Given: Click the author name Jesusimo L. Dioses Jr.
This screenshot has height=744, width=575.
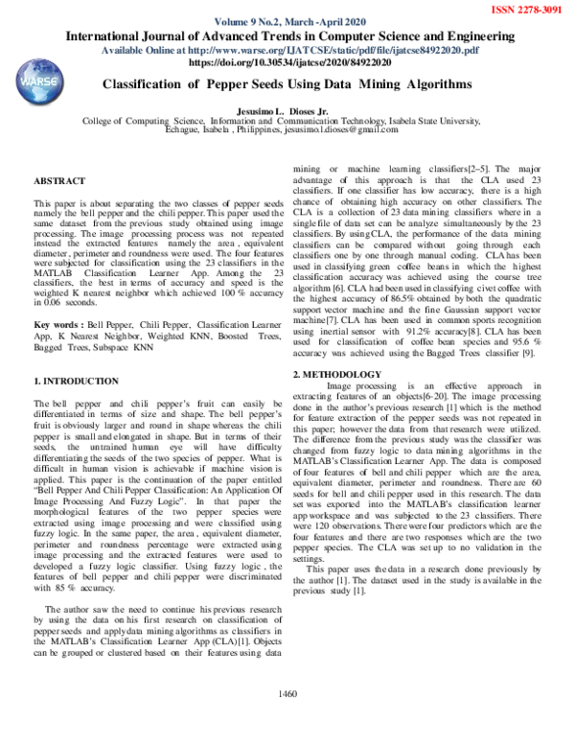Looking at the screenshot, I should click(287, 110).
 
